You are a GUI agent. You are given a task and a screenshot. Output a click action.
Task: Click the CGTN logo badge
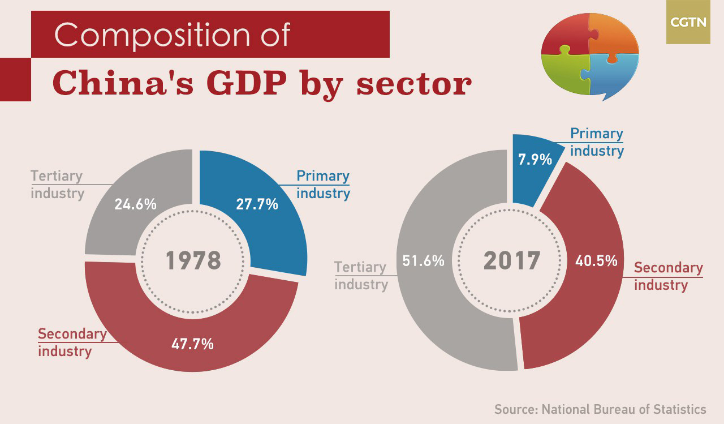[x=688, y=22]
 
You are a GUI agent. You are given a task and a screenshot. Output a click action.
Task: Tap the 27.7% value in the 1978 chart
[x=257, y=204]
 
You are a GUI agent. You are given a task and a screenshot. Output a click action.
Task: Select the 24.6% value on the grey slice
[x=135, y=204]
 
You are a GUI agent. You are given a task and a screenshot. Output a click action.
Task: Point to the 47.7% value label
[x=192, y=344]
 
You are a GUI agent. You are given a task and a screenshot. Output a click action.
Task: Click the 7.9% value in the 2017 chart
[x=535, y=160]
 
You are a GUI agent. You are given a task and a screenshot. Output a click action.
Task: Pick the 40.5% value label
[x=596, y=262]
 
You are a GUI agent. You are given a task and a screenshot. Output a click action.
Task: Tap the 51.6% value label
[x=423, y=262]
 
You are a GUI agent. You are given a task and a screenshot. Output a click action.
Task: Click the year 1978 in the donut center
[x=193, y=261]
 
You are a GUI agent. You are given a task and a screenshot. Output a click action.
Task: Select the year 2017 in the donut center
[x=512, y=261]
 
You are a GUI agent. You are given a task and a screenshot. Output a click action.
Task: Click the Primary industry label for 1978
[x=323, y=185]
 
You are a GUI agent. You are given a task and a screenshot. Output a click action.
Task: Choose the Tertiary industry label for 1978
[x=57, y=185]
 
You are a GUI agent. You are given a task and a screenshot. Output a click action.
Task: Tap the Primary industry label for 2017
[x=597, y=142]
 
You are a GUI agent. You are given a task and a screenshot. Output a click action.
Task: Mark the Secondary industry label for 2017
[x=668, y=276]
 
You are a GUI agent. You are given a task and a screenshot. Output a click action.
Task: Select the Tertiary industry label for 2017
[x=360, y=276]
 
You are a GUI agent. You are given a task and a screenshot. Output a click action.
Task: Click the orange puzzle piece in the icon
[x=614, y=34]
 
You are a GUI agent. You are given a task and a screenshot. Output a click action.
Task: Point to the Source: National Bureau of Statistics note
[x=600, y=409]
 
